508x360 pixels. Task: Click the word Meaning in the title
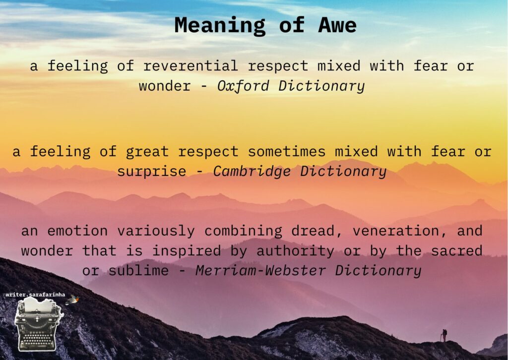tap(220, 26)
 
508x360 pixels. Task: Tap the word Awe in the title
tap(337, 25)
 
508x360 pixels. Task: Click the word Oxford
tap(243, 86)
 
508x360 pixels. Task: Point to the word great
tap(147, 152)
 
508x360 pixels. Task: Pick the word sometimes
tap(287, 152)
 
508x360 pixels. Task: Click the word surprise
tap(152, 172)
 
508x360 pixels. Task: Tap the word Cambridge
tap(252, 172)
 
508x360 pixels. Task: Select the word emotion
tap(77, 231)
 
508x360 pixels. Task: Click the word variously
tap(156, 232)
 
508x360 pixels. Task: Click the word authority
tap(295, 251)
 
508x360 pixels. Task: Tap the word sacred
tap(456, 251)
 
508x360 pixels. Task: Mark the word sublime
tap(138, 271)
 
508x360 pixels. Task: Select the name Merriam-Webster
tap(260, 271)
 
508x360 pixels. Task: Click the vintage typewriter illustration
tap(39, 324)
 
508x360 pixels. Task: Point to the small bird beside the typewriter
tap(72, 300)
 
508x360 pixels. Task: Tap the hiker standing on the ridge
tap(444, 335)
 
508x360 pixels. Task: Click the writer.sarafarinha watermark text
tap(35, 295)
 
